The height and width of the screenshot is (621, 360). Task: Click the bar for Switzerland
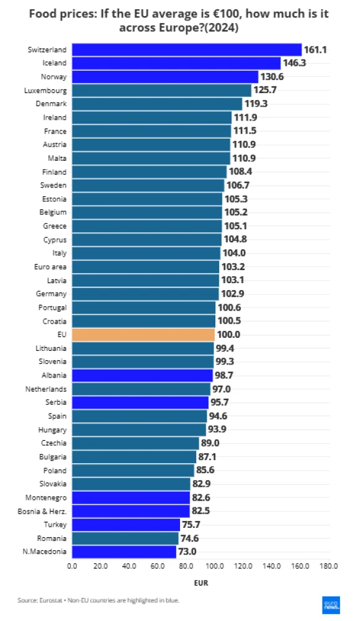(x=186, y=50)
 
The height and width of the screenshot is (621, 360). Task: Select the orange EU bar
(x=143, y=334)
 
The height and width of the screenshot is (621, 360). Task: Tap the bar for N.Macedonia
(x=124, y=551)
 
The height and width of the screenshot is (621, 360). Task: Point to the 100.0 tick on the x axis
(x=215, y=566)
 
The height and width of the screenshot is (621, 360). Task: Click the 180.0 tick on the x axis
(x=328, y=566)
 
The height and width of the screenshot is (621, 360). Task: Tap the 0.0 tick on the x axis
(x=72, y=566)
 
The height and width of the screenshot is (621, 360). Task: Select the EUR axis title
(x=200, y=584)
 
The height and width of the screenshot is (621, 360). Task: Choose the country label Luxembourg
(x=48, y=91)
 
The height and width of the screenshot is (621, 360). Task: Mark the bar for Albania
(x=142, y=375)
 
